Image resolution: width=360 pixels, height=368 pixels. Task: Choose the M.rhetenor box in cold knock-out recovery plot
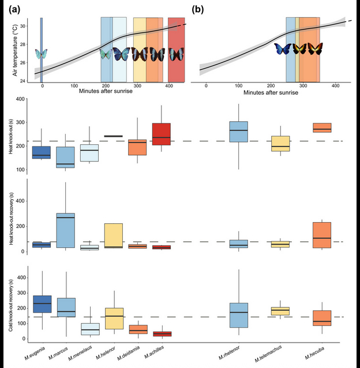pos(239,315)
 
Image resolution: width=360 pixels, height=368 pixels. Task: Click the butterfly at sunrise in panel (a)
pos(41,55)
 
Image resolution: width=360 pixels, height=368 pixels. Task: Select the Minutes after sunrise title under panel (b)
pos(270,92)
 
